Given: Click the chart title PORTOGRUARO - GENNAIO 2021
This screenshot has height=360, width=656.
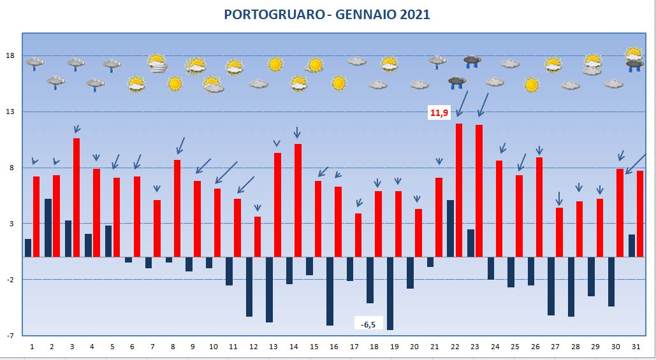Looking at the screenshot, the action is [x=327, y=15].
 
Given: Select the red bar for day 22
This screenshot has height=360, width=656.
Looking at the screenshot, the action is [x=459, y=191].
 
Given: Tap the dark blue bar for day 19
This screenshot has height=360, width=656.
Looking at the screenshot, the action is [x=390, y=294].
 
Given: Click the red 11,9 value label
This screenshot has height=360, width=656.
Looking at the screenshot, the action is [x=439, y=113].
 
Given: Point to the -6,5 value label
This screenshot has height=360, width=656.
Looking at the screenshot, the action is [x=368, y=324].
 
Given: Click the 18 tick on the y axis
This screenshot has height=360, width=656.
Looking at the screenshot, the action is [x=11, y=56].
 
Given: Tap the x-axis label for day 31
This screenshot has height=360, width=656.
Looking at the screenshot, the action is [x=636, y=347].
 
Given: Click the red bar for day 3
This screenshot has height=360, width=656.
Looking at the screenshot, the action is [x=77, y=198].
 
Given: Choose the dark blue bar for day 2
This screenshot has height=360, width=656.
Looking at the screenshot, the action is [x=48, y=228].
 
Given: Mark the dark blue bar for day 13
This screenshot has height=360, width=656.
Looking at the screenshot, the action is [x=270, y=290].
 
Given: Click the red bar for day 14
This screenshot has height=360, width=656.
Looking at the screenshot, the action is [x=298, y=201].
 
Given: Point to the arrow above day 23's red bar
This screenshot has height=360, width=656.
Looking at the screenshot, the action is [x=483, y=105].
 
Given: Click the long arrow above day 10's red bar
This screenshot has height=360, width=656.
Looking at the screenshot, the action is [x=226, y=173].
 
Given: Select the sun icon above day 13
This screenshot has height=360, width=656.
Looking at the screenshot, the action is [x=275, y=64].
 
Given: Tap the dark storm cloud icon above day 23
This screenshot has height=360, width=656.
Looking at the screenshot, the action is [x=472, y=62].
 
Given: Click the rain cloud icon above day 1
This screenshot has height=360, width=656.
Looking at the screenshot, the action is [x=34, y=64].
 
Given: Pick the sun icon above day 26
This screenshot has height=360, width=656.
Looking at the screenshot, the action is [x=531, y=85].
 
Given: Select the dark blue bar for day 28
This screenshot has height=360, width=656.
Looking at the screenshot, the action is [x=571, y=287].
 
